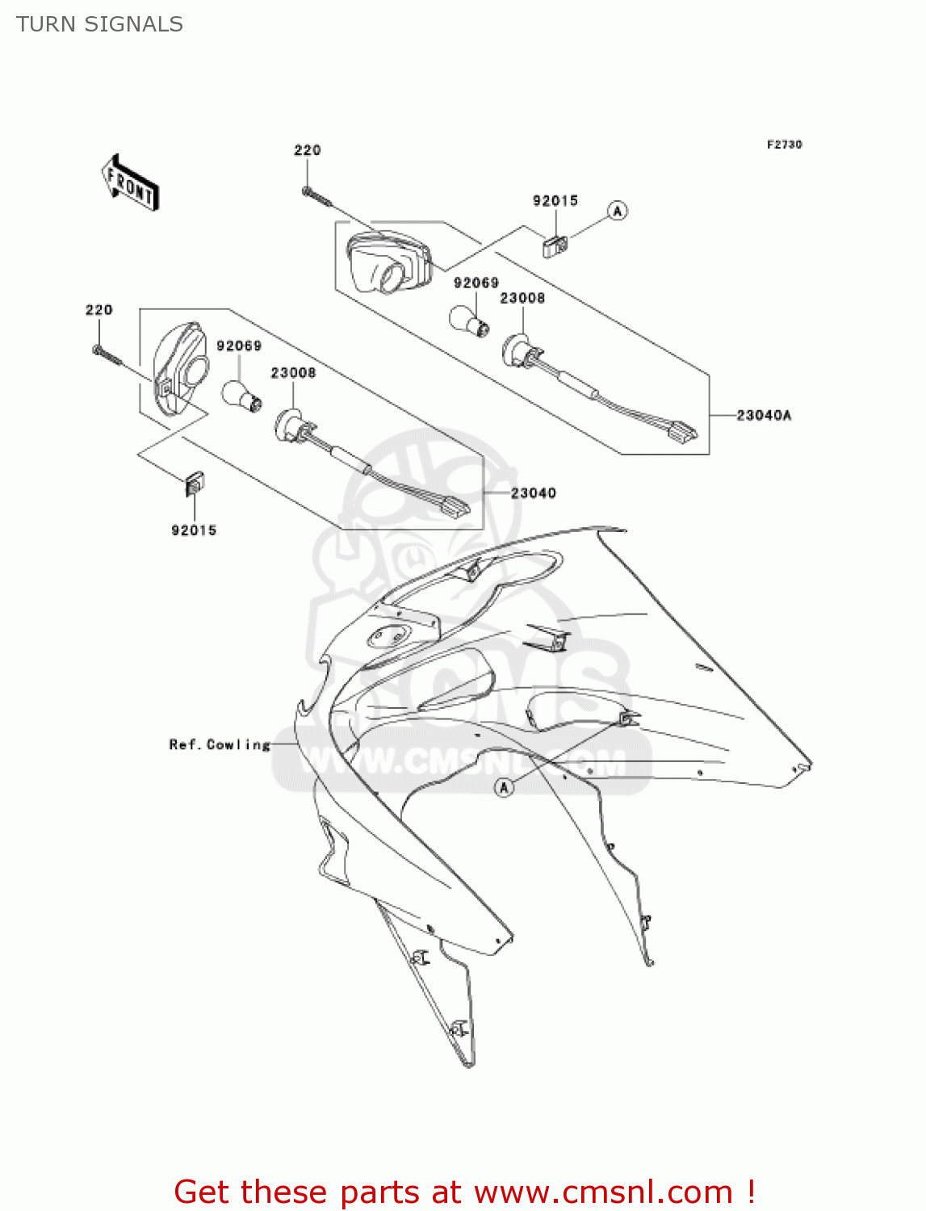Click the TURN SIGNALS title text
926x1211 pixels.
99,24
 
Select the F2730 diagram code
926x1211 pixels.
784,145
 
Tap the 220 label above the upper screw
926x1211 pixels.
307,150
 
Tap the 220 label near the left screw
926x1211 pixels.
99,310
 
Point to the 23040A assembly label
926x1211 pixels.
764,415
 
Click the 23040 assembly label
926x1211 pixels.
533,492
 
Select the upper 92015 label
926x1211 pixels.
555,200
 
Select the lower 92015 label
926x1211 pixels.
194,530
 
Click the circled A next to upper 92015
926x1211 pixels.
618,211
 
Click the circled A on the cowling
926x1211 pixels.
505,787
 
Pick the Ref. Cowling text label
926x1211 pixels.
220,744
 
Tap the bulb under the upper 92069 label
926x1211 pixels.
469,321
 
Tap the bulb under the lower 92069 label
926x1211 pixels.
241,396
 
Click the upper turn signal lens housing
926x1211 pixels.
388,261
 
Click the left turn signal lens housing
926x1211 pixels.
180,368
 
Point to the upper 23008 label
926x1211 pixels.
522,298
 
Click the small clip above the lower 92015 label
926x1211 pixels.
195,483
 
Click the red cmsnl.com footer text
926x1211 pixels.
464,1192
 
